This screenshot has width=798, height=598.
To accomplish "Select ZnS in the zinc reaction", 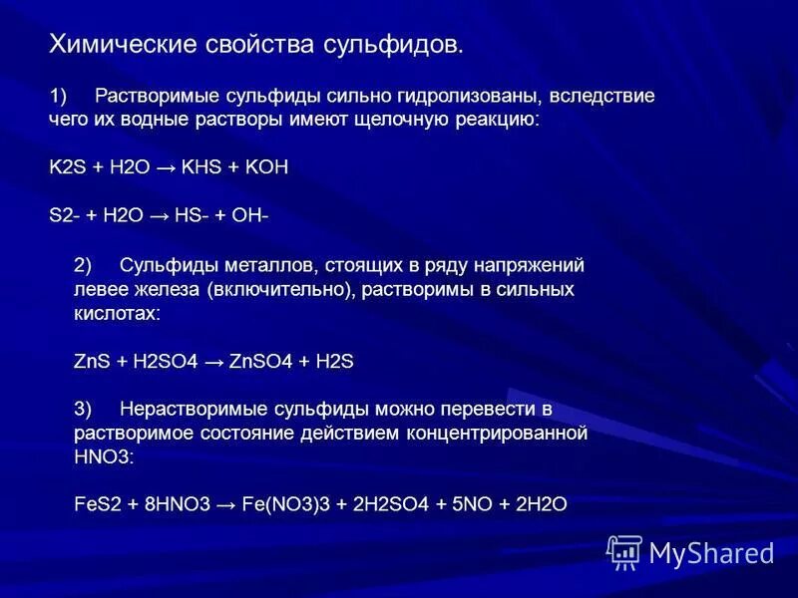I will click(x=92, y=362).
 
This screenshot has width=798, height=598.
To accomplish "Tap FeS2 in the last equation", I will click(x=96, y=504).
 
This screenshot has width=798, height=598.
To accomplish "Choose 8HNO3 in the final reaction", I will click(x=176, y=504).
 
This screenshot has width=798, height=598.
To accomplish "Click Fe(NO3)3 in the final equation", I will click(x=282, y=504).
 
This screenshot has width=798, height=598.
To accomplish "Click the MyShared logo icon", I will click(x=624, y=551).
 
